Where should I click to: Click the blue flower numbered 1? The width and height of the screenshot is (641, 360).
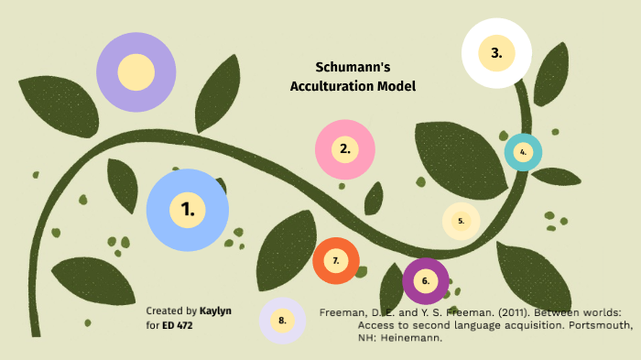click(188, 210)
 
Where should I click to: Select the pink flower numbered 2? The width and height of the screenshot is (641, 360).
click(345, 148)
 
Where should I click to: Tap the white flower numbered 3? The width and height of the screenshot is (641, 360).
click(496, 53)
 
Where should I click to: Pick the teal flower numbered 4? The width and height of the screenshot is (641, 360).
click(523, 152)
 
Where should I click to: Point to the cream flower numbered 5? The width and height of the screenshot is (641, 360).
click(462, 221)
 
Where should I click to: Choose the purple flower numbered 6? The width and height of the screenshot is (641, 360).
click(426, 281)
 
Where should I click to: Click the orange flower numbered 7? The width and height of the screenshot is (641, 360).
click(336, 261)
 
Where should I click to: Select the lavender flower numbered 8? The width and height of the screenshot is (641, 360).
click(282, 321)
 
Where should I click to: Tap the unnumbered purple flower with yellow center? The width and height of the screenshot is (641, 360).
click(136, 72)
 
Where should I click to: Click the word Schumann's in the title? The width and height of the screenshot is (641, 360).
click(353, 68)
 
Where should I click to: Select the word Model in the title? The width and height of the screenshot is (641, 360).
click(397, 86)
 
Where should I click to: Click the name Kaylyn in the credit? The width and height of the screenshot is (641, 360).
click(215, 311)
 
